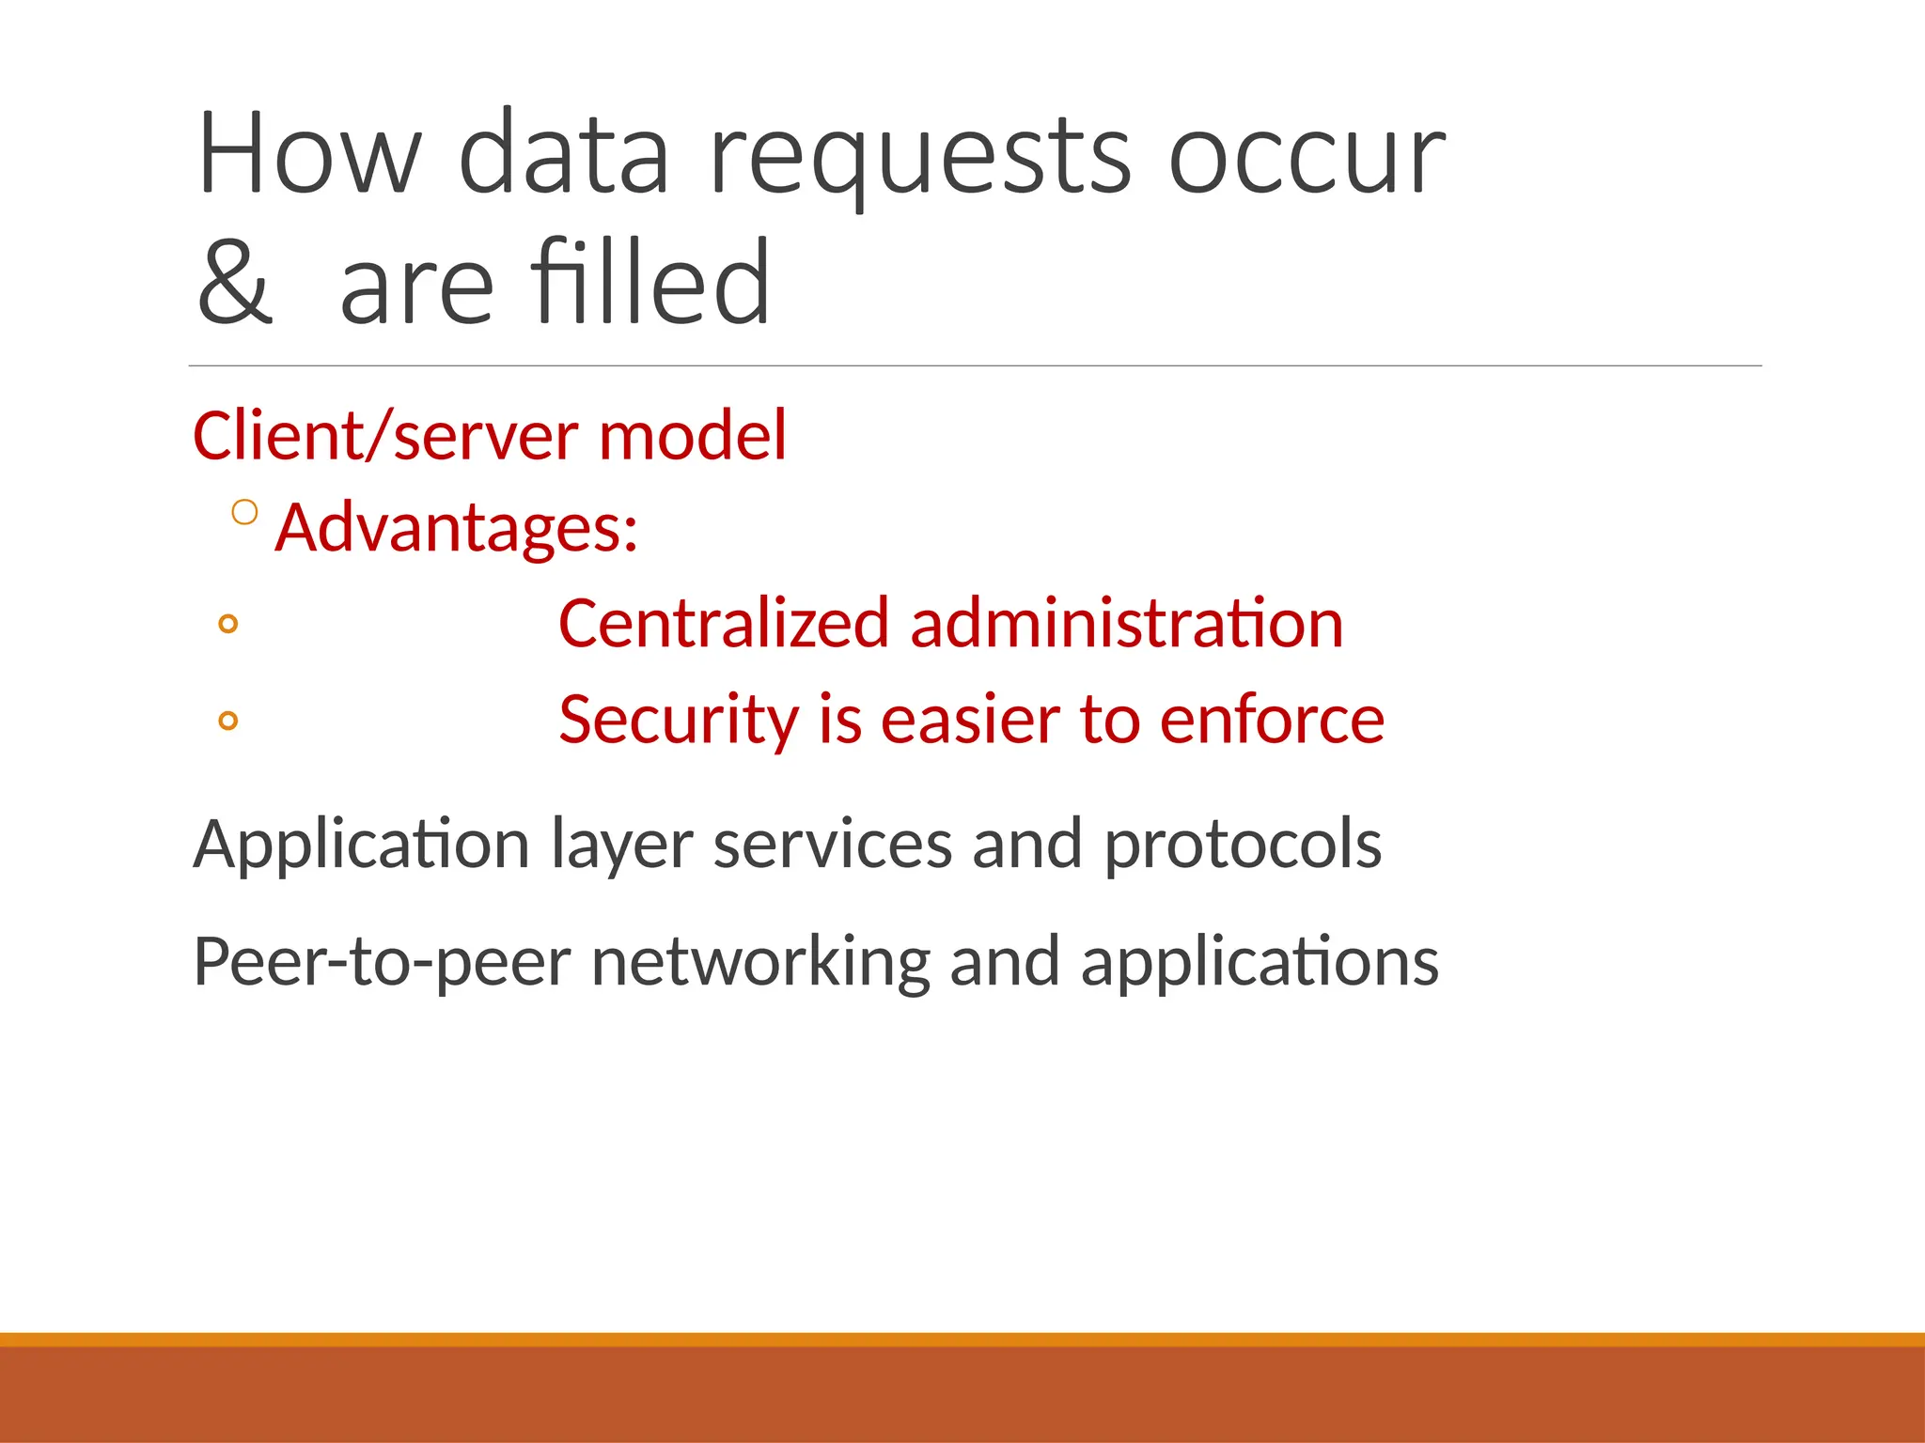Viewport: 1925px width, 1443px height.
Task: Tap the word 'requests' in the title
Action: pos(919,155)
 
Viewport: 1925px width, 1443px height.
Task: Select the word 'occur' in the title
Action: pos(1306,155)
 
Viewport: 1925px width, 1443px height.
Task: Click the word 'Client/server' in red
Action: pos(384,437)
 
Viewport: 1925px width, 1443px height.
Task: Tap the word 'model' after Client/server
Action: pos(692,437)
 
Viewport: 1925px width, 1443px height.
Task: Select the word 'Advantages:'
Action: pos(457,528)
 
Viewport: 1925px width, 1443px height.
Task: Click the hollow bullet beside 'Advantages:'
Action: pos(244,512)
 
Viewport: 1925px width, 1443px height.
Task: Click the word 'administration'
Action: pos(1127,624)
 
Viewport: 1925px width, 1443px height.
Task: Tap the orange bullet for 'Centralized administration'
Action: pos(227,624)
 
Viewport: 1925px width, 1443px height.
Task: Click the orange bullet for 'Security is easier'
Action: pos(227,721)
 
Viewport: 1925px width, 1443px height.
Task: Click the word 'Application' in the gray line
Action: pos(362,845)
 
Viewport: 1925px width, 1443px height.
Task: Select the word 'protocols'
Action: pos(1243,845)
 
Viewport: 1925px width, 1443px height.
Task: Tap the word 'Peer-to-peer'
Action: pos(382,962)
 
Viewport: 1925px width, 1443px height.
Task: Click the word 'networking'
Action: pos(760,962)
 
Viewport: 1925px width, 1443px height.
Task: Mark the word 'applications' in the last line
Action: pos(1260,962)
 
